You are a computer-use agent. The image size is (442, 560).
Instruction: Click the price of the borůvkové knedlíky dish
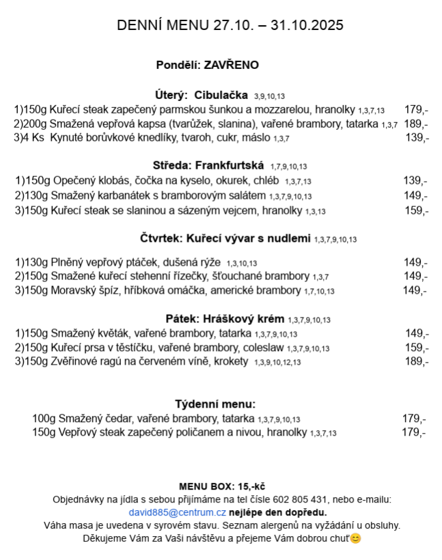point(417,138)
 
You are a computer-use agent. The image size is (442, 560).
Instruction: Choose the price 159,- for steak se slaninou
point(416,210)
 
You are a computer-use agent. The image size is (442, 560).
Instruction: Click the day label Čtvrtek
point(161,238)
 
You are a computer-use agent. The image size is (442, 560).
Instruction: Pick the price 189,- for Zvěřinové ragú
point(416,361)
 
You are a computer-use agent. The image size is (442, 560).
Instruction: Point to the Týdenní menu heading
point(215,404)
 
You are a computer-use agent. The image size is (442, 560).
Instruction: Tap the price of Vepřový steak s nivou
point(414,432)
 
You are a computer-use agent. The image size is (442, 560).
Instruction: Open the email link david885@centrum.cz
point(177,512)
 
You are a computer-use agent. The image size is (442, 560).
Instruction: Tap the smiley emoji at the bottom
point(355,539)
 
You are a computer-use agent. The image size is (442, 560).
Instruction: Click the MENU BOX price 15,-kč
point(250,486)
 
